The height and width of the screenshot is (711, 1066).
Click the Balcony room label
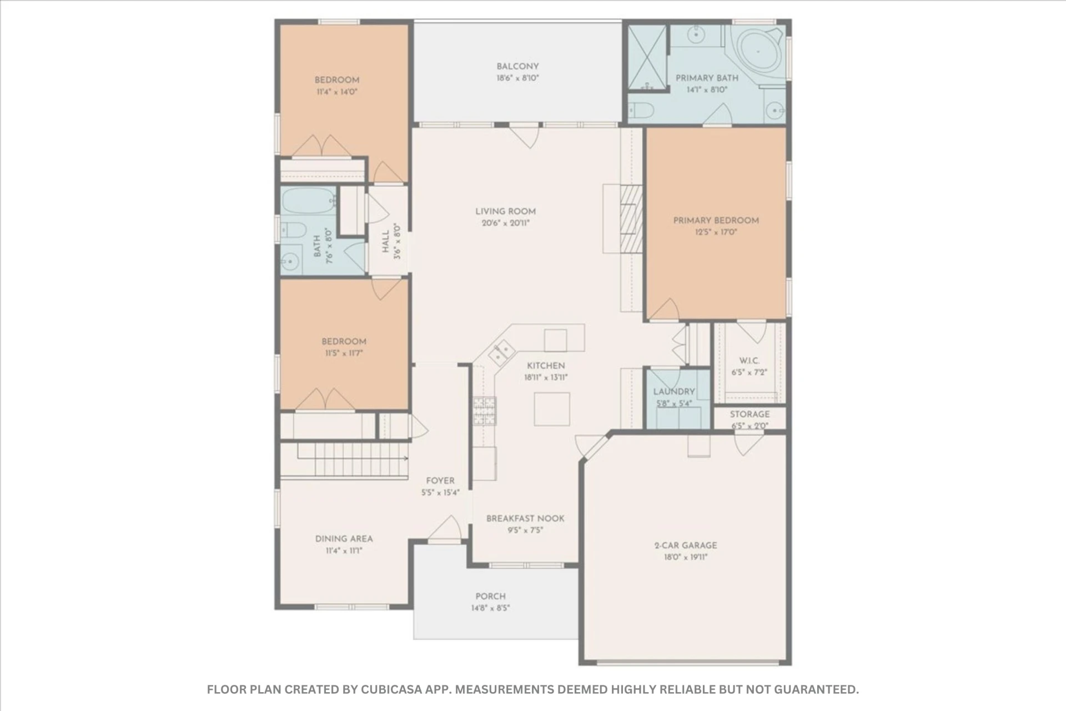(517, 66)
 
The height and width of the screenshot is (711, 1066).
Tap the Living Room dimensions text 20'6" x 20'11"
(505, 223)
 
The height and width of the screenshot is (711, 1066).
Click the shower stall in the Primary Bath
(647, 57)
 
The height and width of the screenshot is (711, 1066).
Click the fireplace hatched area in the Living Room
(631, 218)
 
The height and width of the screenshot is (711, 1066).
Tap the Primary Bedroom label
(716, 221)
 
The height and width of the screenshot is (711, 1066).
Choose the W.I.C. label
(749, 360)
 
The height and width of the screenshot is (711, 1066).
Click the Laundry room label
(674, 392)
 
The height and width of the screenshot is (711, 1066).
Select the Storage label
(750, 414)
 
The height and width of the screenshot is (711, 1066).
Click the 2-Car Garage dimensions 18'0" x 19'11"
(685, 557)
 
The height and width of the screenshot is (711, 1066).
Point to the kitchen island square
(552, 409)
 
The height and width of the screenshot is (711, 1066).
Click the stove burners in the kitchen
(484, 411)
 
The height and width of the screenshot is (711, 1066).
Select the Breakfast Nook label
(525, 519)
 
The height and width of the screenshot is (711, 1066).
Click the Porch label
(490, 597)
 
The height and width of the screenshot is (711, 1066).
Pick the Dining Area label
(344, 539)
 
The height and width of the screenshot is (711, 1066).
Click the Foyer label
(440, 481)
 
